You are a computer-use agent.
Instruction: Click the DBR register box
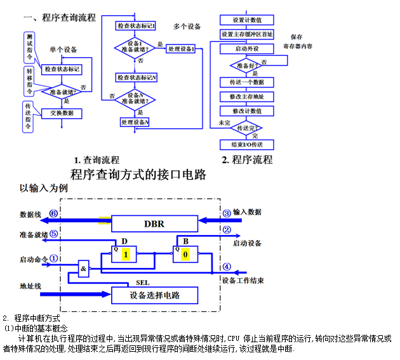[x=154, y=223]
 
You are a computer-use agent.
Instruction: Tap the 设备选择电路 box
[x=154, y=295]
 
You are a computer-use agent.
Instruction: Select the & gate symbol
[x=84, y=269]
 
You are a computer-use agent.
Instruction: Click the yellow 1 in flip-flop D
[x=126, y=255]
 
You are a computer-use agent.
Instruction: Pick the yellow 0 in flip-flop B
[x=185, y=255]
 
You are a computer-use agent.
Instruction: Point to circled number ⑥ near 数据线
[x=53, y=214]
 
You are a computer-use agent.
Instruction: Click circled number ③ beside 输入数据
[x=227, y=212]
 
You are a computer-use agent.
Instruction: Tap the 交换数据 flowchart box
[x=62, y=113]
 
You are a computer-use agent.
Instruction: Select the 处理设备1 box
[x=181, y=49]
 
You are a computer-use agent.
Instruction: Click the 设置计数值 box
[x=247, y=20]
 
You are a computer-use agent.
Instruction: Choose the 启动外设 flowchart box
[x=247, y=49]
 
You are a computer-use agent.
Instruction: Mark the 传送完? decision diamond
[x=247, y=128]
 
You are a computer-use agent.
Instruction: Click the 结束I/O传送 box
[x=247, y=145]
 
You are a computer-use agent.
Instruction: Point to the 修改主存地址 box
[x=247, y=97]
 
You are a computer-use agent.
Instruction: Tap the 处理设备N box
[x=135, y=122]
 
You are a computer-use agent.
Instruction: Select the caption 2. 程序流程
[x=247, y=159]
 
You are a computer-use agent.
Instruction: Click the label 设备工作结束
[x=242, y=280]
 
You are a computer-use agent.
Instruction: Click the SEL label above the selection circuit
[x=142, y=283]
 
